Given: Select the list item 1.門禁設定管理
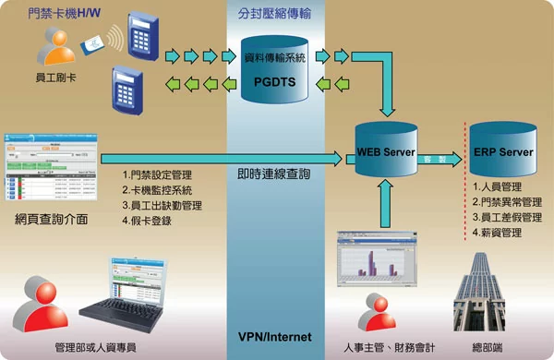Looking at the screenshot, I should pyautogui.click(x=156, y=174).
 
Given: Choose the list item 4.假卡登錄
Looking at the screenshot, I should pyautogui.click(x=148, y=222).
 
